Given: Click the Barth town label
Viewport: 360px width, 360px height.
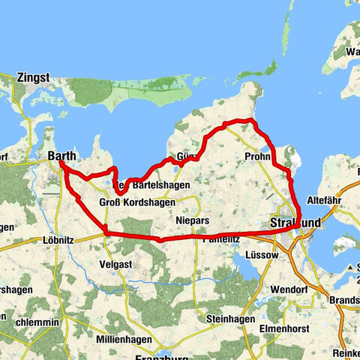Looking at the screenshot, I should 62,155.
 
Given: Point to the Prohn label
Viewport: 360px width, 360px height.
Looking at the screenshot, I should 258,156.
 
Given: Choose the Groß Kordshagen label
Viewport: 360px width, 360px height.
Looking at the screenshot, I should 137,202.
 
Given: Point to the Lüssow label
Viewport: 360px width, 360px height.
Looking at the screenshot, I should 260,255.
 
